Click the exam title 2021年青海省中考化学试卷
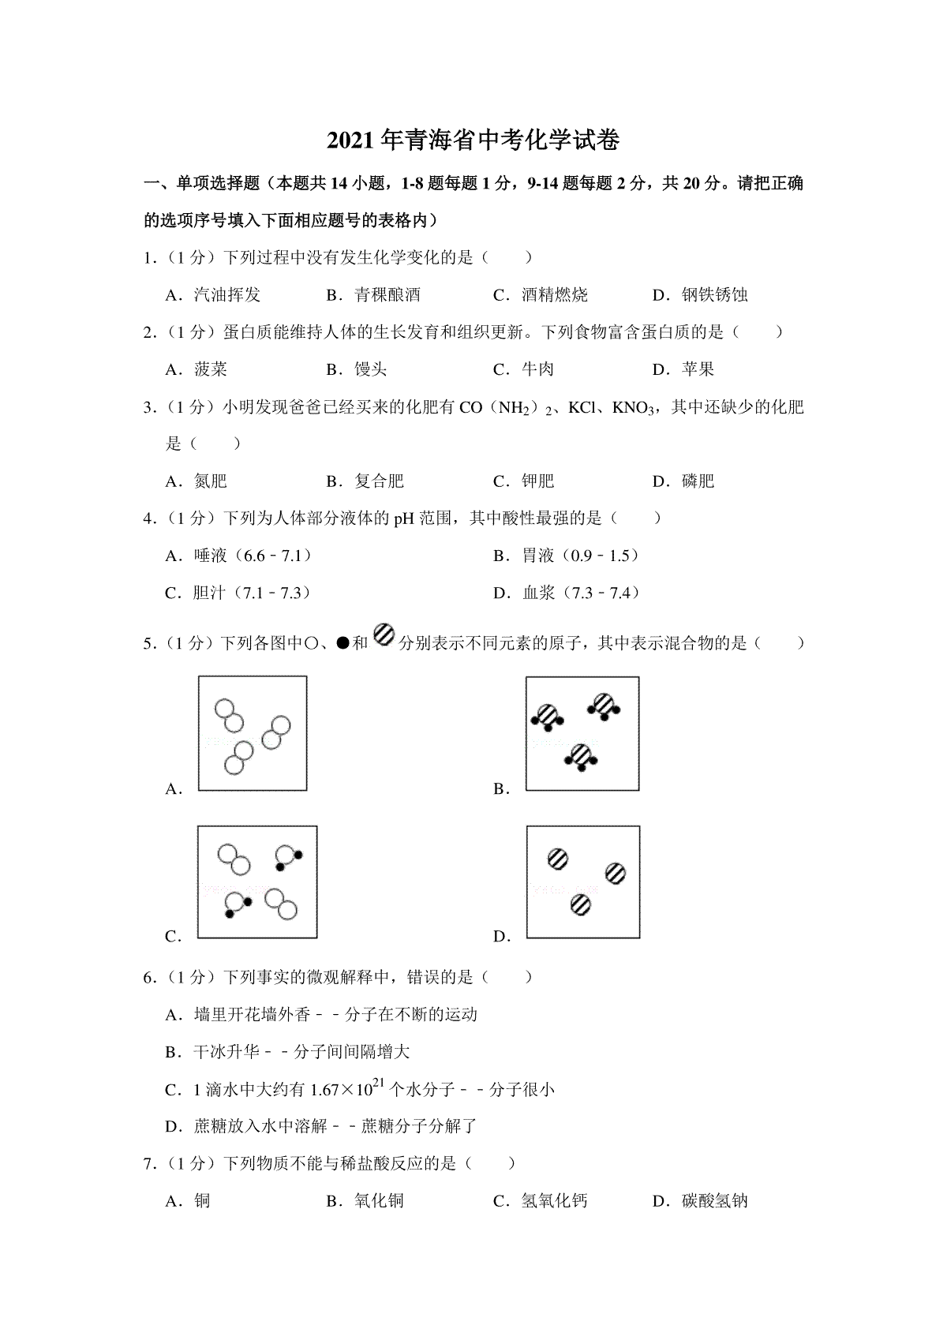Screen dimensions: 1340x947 coord(473,140)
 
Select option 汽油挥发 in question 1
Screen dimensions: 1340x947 coord(226,295)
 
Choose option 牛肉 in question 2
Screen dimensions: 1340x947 coord(537,369)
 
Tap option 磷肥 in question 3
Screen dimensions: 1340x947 coord(698,481)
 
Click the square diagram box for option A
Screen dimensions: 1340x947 coord(252,733)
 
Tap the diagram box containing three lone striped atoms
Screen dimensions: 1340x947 coord(583,882)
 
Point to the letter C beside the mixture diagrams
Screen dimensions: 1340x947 coord(173,937)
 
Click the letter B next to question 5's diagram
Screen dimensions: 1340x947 coord(501,789)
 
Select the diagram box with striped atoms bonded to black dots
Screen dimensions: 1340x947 coord(582,734)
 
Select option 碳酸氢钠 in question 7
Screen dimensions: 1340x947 coord(714,1201)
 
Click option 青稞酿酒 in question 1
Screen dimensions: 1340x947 coord(387,295)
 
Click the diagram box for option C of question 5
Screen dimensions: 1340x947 coord(257,882)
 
